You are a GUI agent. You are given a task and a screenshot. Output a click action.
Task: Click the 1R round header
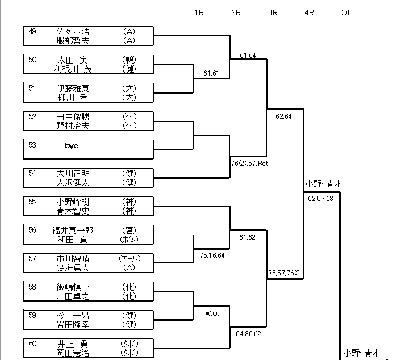[198, 12]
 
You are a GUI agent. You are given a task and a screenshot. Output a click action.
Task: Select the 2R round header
[236, 12]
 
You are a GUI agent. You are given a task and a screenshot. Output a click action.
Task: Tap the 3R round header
[273, 12]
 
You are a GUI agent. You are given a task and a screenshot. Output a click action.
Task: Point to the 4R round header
[310, 12]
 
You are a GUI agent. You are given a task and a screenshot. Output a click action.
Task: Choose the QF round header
[346, 12]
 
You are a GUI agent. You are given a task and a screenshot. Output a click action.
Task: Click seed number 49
[32, 32]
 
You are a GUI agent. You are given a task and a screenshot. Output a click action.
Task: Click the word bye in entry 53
[72, 146]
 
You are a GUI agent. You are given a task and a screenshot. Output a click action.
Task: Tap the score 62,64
[283, 116]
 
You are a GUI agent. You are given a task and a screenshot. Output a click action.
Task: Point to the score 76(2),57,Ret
[249, 164]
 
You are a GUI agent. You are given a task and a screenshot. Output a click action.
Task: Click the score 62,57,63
[321, 199]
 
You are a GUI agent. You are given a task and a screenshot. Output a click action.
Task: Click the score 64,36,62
[249, 333]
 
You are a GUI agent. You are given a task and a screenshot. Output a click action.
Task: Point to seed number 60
[32, 344]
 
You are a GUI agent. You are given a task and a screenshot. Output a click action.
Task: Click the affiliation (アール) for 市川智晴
[129, 259]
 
